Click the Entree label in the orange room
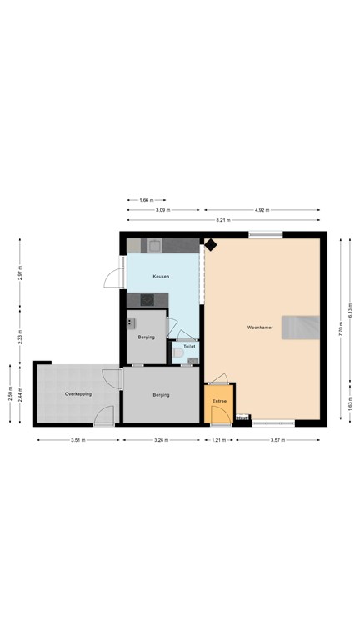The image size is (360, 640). click(x=219, y=401)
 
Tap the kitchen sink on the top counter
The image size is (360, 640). click(x=154, y=245)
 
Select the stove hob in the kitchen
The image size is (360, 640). click(x=148, y=299)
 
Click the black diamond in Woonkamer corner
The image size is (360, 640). click(x=211, y=245)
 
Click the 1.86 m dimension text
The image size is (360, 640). click(x=146, y=200)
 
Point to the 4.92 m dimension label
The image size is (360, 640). click(x=262, y=210)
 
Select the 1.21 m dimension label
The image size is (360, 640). click(x=218, y=440)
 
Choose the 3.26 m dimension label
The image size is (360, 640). click(x=161, y=440)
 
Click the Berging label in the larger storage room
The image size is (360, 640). click(x=161, y=395)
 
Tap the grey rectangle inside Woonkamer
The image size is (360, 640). click(x=300, y=327)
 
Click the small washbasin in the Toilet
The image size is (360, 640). click(x=192, y=361)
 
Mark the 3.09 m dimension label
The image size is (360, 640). click(x=162, y=210)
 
